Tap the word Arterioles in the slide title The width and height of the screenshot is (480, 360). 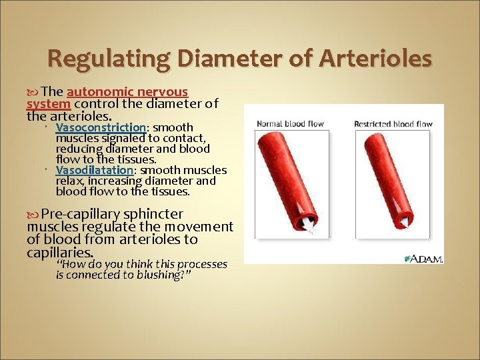point(376,59)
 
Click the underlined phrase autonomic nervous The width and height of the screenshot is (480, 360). point(127,92)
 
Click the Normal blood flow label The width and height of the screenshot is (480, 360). point(290,124)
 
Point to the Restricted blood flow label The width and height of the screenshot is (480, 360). point(393,124)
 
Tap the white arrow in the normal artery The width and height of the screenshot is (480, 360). point(308,227)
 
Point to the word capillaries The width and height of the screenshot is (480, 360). point(59,253)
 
